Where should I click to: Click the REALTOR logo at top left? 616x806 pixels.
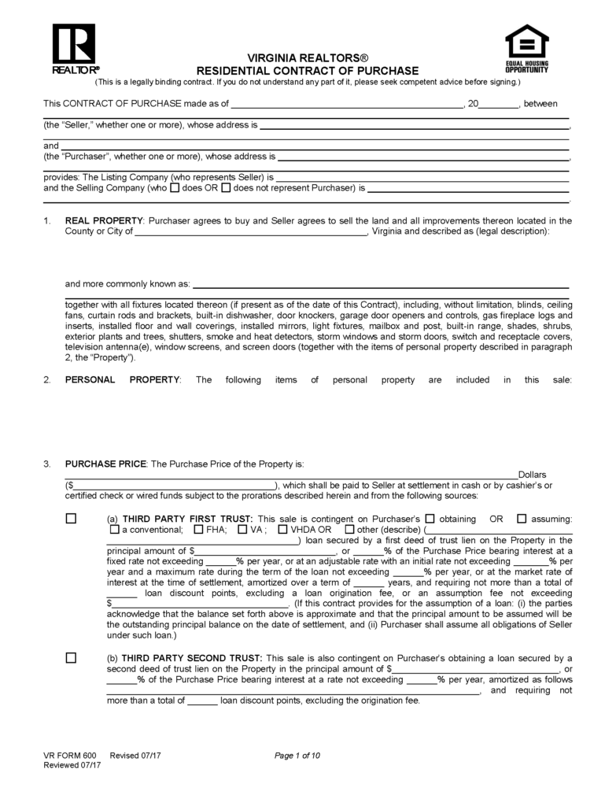coord(74,47)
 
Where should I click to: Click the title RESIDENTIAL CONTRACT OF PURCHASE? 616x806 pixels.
coord(308,71)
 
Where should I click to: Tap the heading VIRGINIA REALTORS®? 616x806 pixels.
coord(308,59)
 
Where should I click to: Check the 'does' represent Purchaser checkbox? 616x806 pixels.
coord(175,188)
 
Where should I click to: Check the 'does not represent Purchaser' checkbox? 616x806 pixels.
coord(226,188)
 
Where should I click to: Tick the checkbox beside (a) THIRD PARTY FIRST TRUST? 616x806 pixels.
coord(72,519)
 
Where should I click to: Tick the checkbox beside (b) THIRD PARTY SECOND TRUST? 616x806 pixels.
coord(72,657)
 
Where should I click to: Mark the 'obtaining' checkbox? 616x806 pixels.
coord(430,519)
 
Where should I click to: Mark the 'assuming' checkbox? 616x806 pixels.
coord(522,519)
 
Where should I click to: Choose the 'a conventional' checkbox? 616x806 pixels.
coord(113,530)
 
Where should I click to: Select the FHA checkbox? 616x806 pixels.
coord(198,530)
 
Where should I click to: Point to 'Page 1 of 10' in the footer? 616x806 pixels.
coord(297,756)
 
